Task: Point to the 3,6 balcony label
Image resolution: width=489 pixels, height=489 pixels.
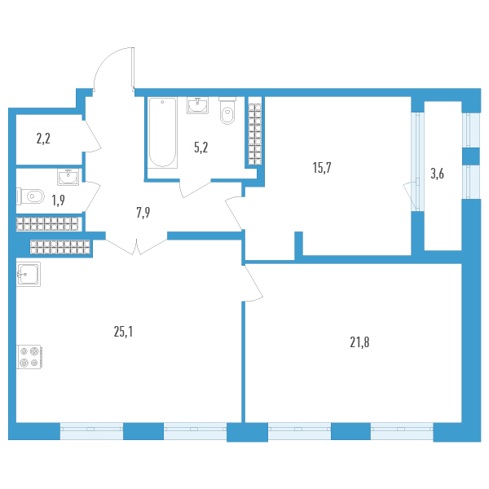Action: click(443, 172)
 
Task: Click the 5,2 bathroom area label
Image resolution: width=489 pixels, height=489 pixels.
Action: click(200, 148)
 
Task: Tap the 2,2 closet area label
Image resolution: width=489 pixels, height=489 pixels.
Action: click(43, 138)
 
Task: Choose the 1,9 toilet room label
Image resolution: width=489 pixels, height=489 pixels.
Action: click(59, 200)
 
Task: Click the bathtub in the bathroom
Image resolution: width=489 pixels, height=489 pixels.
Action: click(163, 132)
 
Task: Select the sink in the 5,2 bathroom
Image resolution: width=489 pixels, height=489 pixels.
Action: click(198, 106)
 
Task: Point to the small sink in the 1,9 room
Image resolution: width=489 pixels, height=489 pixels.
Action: click(68, 175)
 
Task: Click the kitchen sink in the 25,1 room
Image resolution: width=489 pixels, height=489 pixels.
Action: click(29, 275)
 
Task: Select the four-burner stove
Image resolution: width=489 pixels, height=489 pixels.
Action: click(29, 357)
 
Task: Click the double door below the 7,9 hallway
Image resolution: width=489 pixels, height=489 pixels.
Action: click(137, 244)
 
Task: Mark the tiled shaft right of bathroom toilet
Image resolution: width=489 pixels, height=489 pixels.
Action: click(254, 132)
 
